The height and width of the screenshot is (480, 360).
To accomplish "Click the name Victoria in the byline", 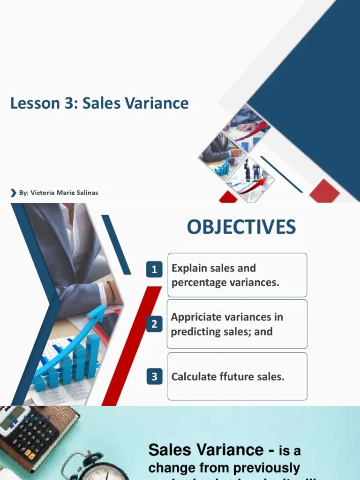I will pyautogui.click(x=44, y=193).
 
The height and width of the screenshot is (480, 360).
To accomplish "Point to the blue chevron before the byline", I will pyautogui.click(x=13, y=193).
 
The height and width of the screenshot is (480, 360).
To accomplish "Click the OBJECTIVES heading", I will pyautogui.click(x=241, y=227).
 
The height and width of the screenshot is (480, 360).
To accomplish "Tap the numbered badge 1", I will pyautogui.click(x=154, y=270).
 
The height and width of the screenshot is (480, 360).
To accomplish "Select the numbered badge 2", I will pyautogui.click(x=154, y=324).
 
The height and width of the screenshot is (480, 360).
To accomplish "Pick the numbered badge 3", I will pyautogui.click(x=154, y=376).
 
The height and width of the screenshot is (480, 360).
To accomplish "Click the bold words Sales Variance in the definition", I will pyautogui.click(x=206, y=450).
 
